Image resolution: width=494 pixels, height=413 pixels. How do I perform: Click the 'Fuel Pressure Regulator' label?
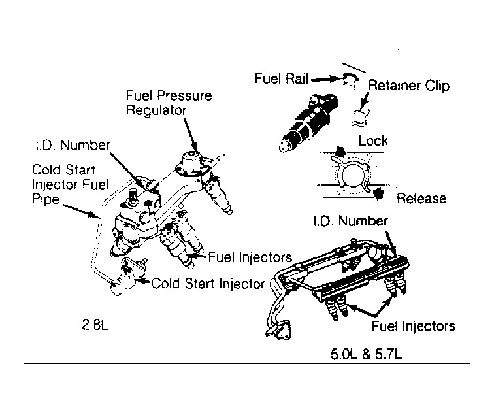coord(169,102)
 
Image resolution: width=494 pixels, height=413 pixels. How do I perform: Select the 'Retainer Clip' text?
coord(409,86)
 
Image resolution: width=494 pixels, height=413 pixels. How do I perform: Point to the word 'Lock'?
coord(373,141)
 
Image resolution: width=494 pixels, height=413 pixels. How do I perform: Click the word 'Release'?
coord(421,198)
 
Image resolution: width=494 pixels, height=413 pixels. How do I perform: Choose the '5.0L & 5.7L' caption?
coord(366,357)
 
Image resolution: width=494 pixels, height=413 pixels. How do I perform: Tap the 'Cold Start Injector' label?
coord(208,284)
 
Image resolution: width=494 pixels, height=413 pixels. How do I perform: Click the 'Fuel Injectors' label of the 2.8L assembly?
coord(250,257)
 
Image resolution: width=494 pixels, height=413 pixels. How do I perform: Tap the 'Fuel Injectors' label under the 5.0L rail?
coord(413,325)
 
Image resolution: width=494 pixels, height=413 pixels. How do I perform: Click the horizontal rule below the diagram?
coord(246,363)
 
